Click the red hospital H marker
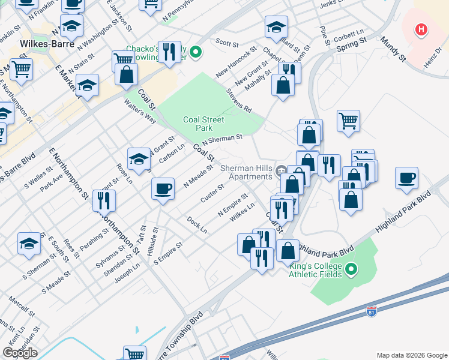[421, 29]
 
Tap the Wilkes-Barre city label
[47, 44]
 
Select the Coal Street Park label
[204, 124]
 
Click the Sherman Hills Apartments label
[246, 172]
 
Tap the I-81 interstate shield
[372, 311]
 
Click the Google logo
[20, 353]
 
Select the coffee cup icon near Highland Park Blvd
[406, 178]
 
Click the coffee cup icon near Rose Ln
[163, 190]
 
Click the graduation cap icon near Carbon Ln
[139, 159]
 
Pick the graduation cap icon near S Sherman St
[29, 244]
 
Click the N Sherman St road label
[222, 140]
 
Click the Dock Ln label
[197, 225]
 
